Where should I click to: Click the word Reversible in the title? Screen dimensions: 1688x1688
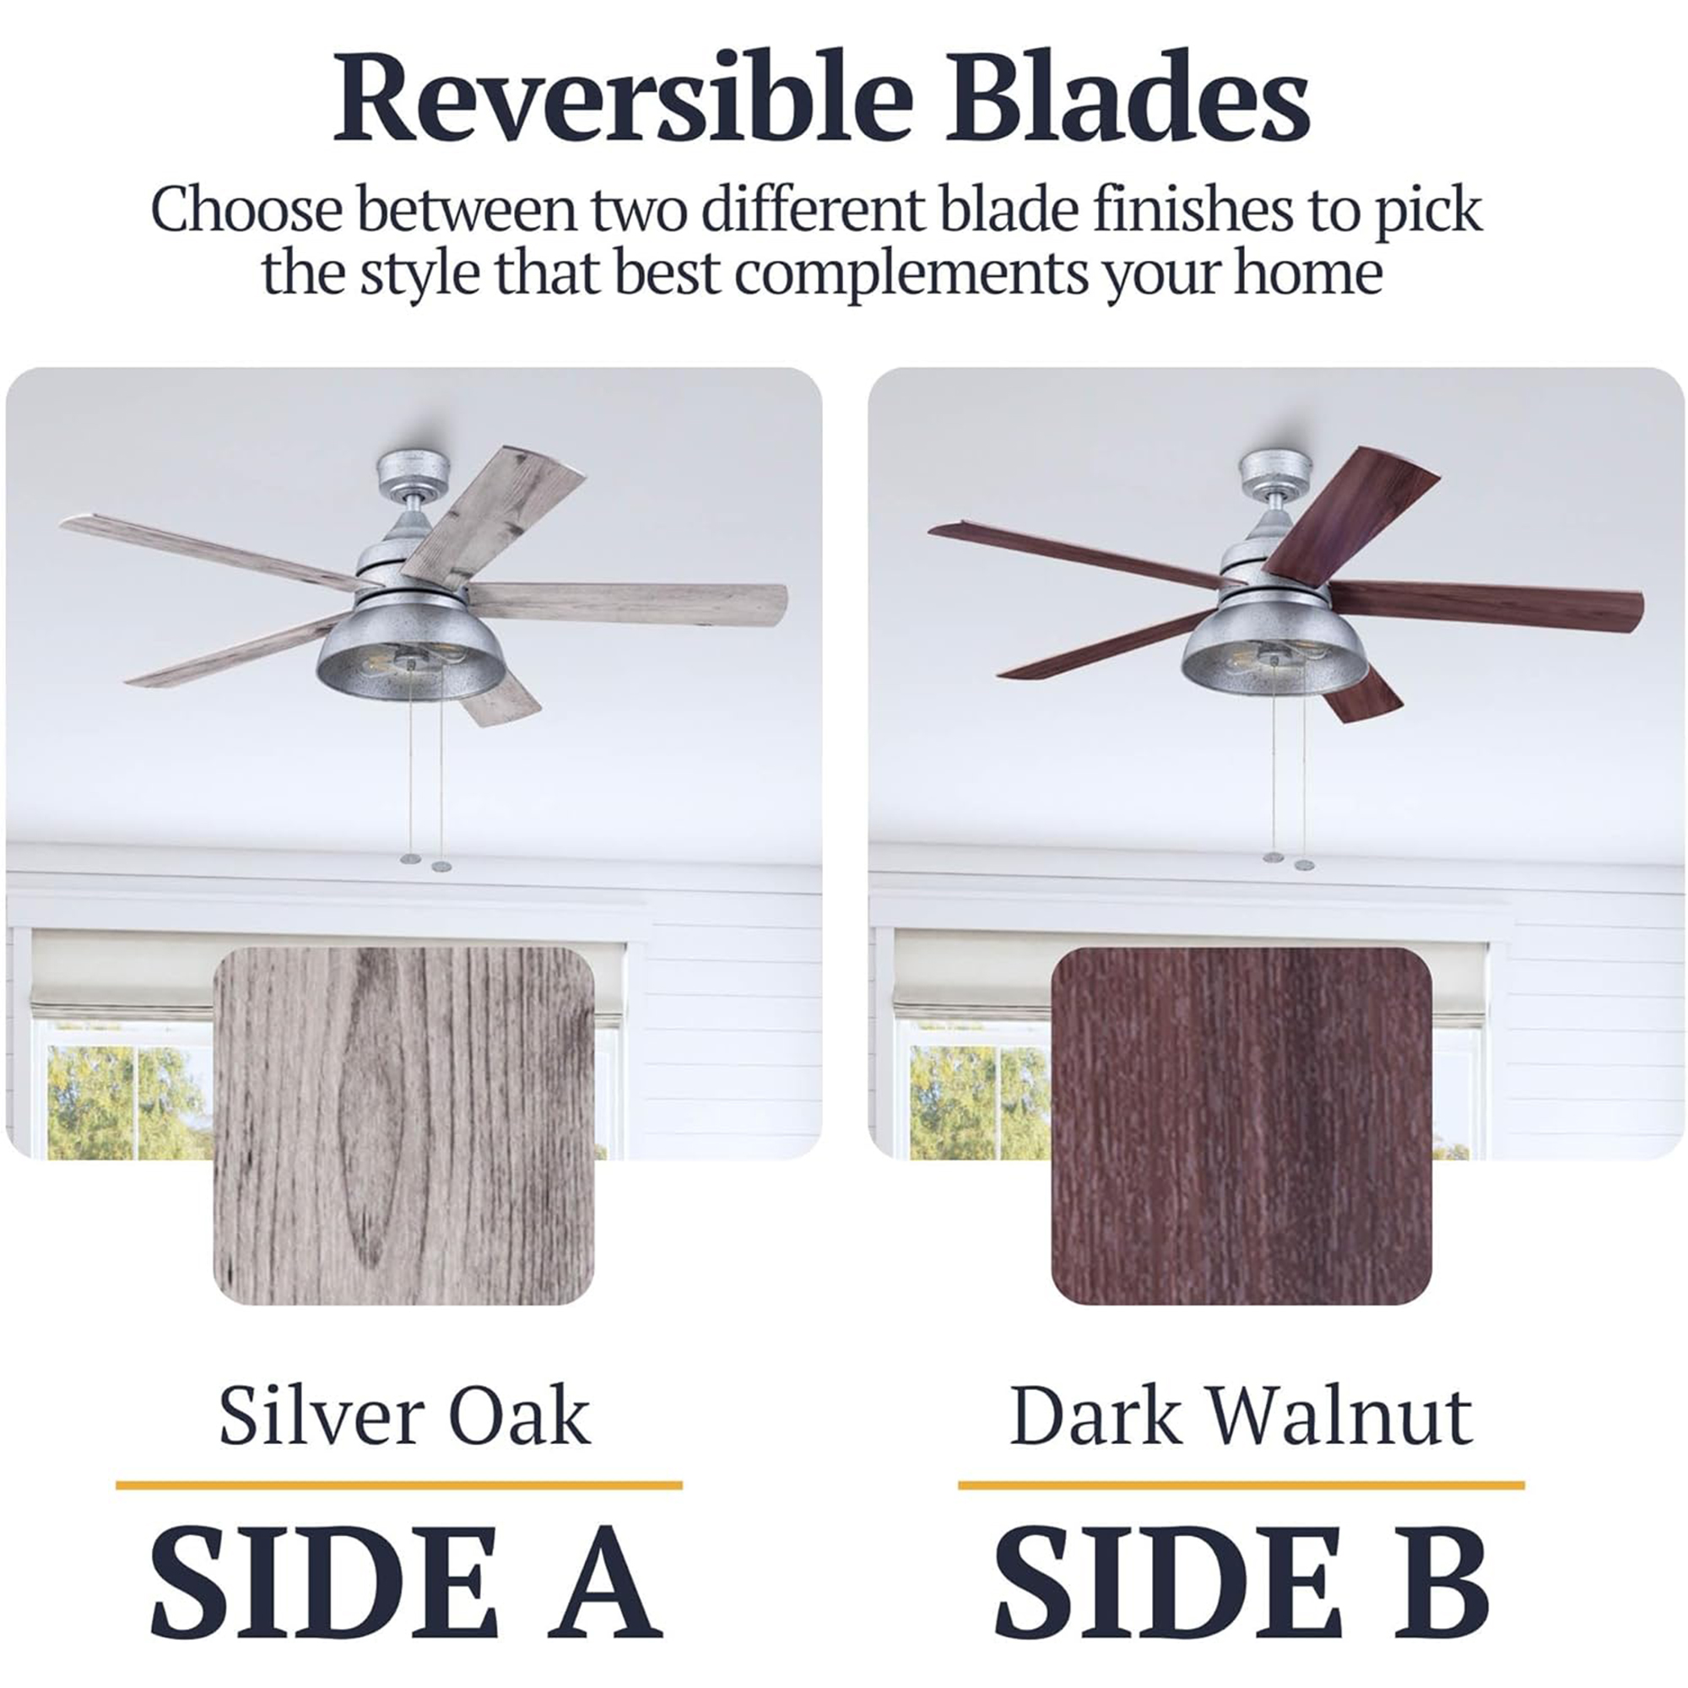[622, 98]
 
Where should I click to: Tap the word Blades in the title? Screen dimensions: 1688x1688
[1127, 98]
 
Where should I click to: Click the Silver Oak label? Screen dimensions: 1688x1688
[404, 1415]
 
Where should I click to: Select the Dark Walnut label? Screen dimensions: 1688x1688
[1241, 1415]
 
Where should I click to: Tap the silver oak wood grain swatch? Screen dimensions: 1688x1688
[403, 1126]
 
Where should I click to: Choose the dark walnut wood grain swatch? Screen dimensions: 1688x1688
[1242, 1126]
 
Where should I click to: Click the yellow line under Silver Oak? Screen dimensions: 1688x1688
[399, 1485]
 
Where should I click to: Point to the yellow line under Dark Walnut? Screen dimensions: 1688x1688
[1242, 1485]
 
